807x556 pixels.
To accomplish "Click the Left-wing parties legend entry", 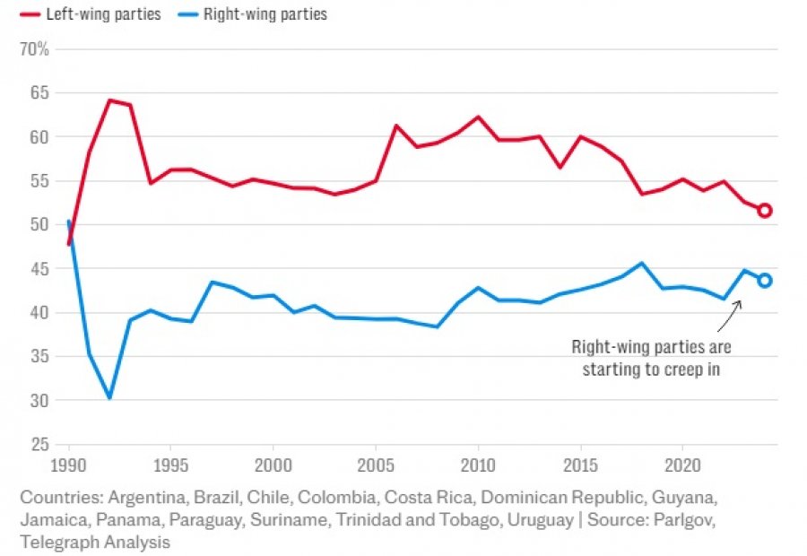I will click(x=90, y=14).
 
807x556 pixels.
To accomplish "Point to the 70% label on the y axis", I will click(x=34, y=48).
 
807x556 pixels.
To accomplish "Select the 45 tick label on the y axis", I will click(x=40, y=268).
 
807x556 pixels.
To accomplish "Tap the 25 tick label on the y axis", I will click(x=40, y=444).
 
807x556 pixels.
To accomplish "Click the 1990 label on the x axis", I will click(x=68, y=466).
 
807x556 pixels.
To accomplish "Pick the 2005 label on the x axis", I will click(x=375, y=466).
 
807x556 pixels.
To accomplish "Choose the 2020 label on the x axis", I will click(x=681, y=466).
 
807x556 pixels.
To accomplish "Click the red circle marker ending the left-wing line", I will click(x=764, y=211).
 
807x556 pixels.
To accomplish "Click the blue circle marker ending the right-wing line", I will click(x=764, y=281).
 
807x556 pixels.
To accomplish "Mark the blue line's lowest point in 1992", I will click(x=109, y=397).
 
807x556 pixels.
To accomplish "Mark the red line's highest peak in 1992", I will click(x=109, y=100).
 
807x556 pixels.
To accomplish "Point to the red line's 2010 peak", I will click(x=478, y=117).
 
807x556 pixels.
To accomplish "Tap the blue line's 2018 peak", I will click(x=641, y=263).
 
